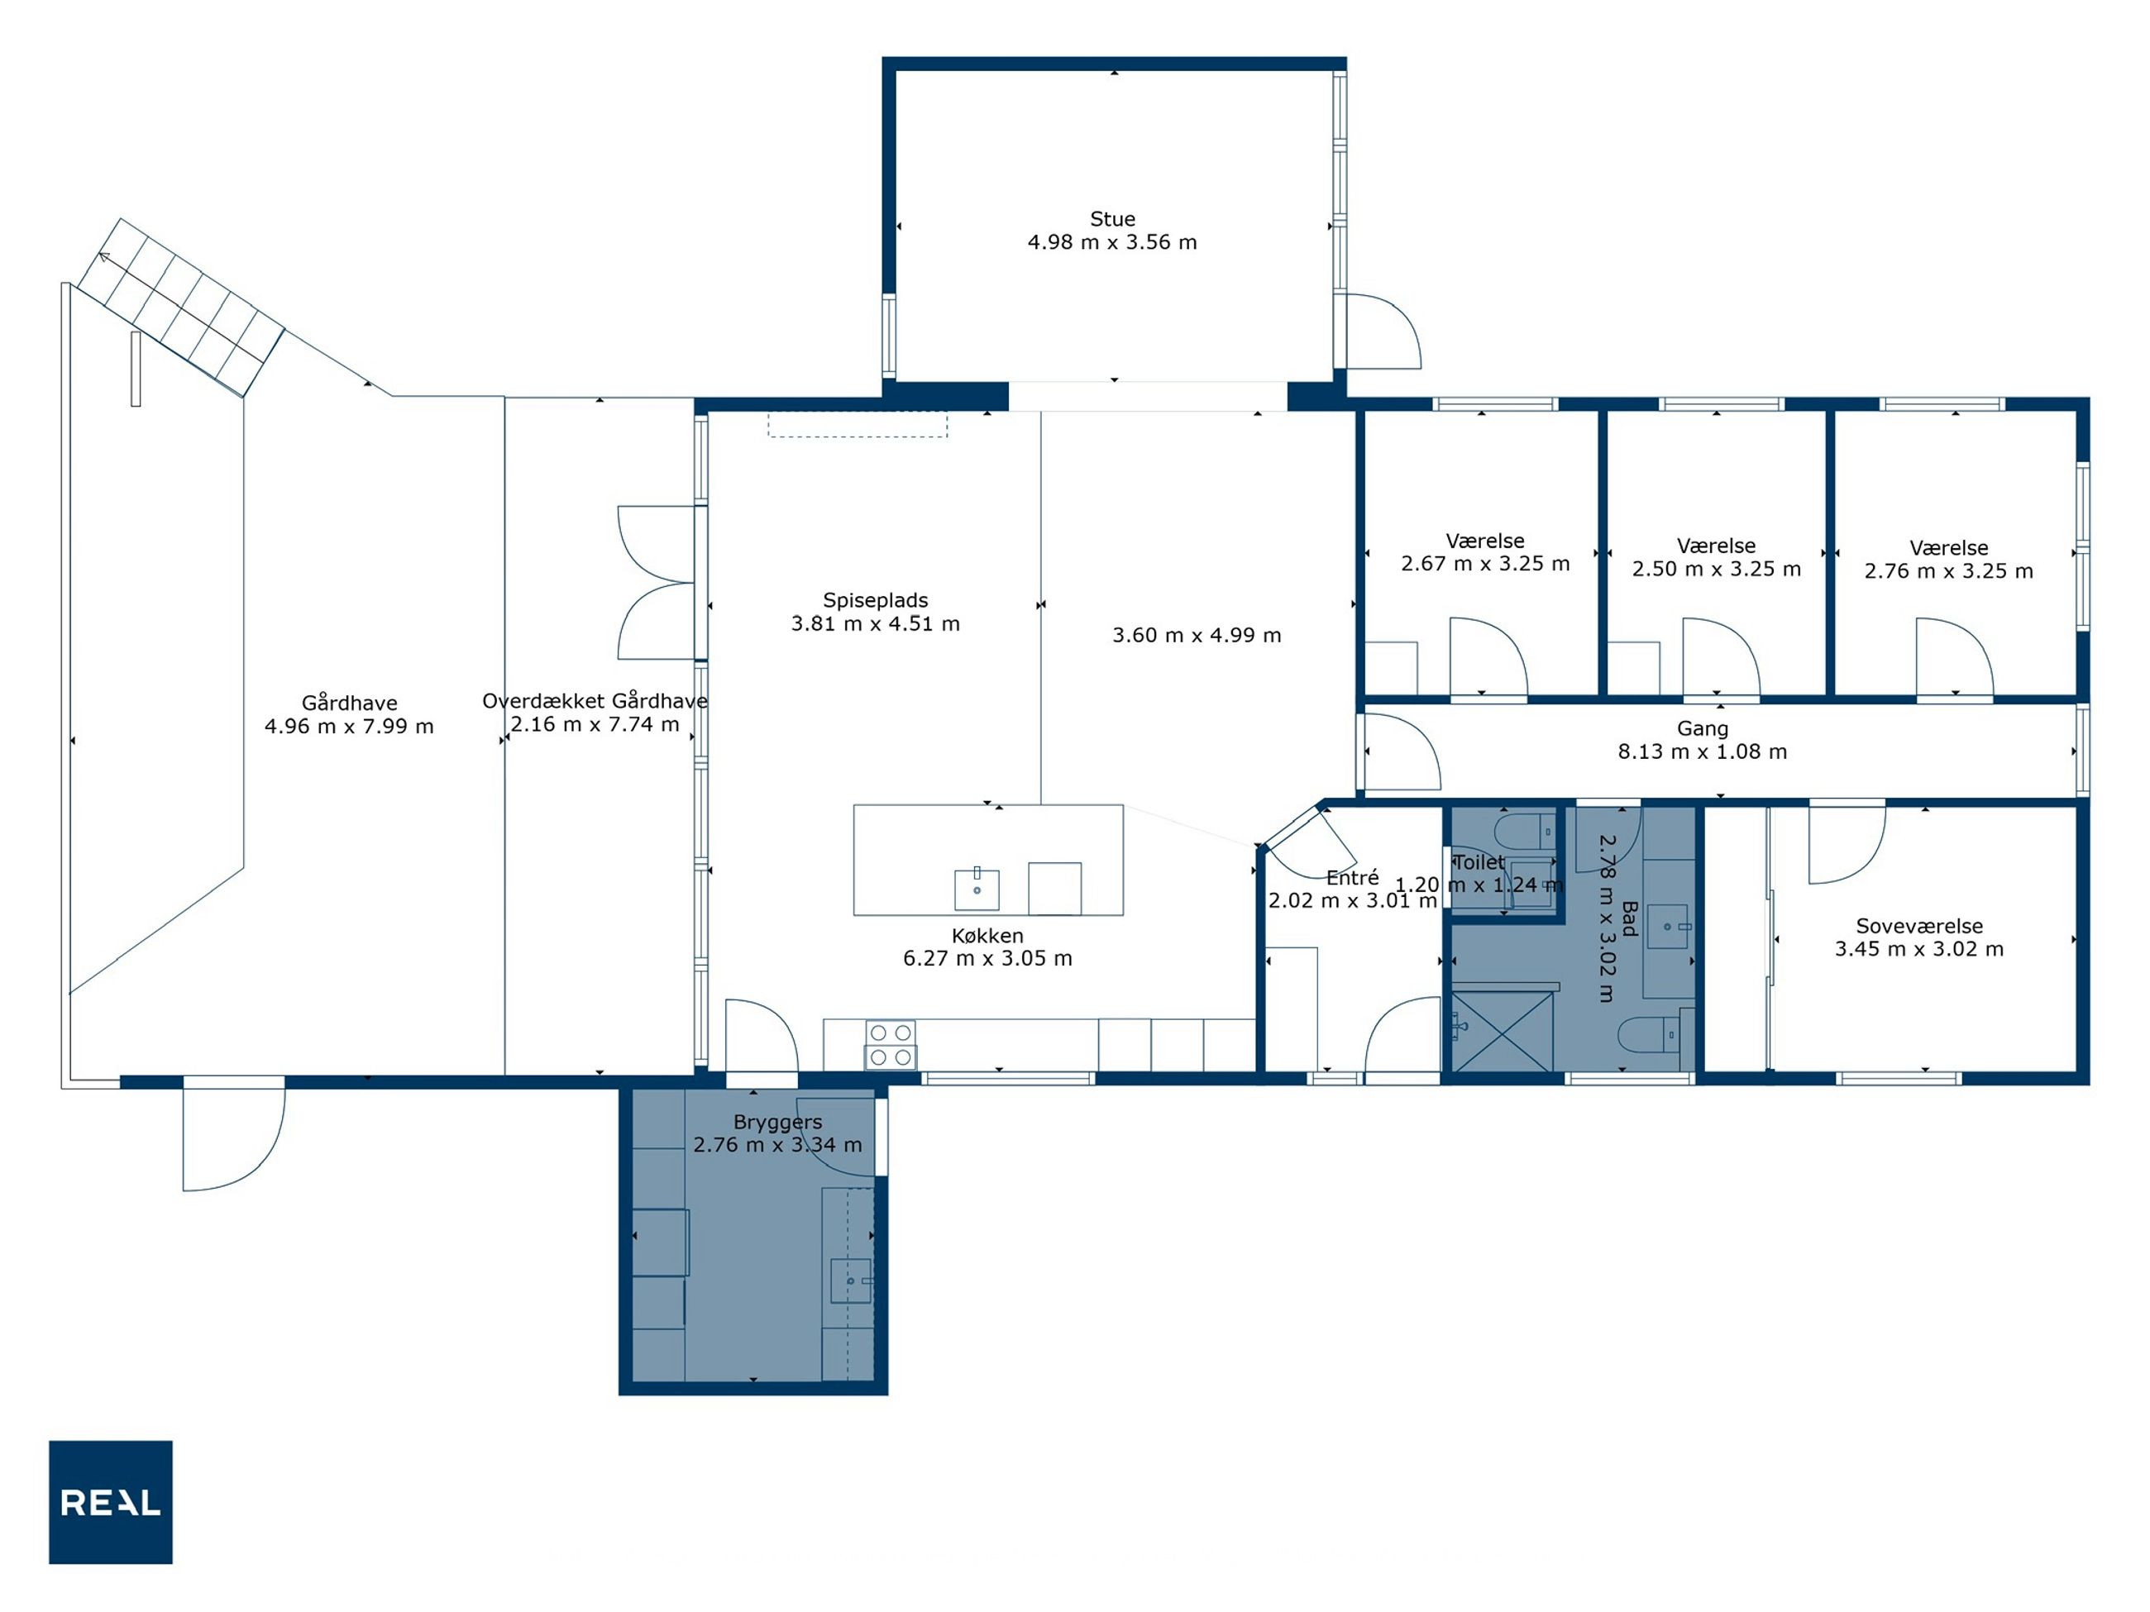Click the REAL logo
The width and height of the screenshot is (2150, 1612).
coord(111,1501)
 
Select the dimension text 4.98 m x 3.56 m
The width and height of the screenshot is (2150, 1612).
coord(1112,243)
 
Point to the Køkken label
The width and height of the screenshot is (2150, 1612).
coord(987,936)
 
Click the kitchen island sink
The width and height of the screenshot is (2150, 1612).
coord(977,889)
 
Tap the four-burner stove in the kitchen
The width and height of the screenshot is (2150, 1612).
coord(891,1045)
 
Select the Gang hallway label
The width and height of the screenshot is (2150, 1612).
coord(1702,729)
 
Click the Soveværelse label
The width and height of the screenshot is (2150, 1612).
coord(1918,926)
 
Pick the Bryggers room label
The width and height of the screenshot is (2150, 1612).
coord(777,1123)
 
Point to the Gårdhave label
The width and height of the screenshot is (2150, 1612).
coord(349,703)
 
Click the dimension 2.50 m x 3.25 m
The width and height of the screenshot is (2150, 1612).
coord(1716,570)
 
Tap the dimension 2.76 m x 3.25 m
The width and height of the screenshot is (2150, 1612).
coord(1948,571)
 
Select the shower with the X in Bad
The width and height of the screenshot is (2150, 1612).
coord(1502,1032)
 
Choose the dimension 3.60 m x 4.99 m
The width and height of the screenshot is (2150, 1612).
coord(1197,636)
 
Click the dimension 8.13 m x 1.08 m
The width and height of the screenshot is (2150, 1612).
coord(1702,752)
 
